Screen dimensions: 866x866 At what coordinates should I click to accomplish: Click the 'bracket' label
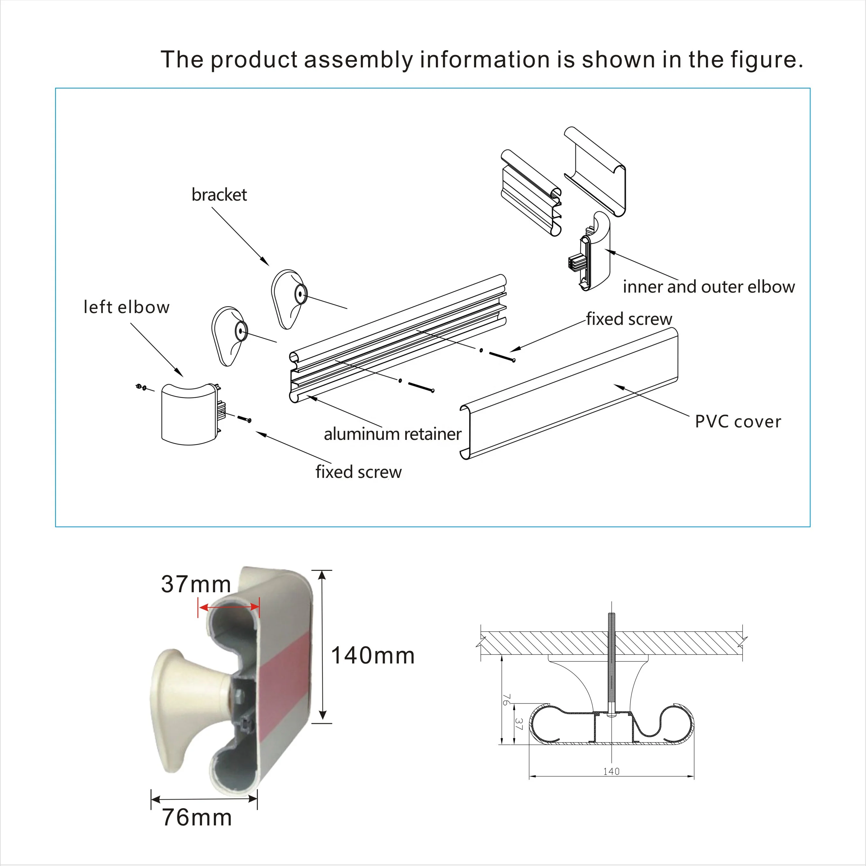click(219, 195)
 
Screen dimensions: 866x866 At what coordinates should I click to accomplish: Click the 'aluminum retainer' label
click(392, 434)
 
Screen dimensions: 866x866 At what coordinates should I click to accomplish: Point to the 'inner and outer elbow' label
click(708, 287)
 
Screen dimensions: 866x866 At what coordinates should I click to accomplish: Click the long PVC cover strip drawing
click(569, 395)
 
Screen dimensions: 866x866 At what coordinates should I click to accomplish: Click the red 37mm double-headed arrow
click(229, 607)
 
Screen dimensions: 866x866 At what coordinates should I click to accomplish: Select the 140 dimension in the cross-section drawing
click(611, 771)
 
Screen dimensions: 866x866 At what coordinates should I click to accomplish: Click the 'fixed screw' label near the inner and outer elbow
click(629, 319)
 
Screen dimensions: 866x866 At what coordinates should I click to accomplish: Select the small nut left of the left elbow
click(140, 387)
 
